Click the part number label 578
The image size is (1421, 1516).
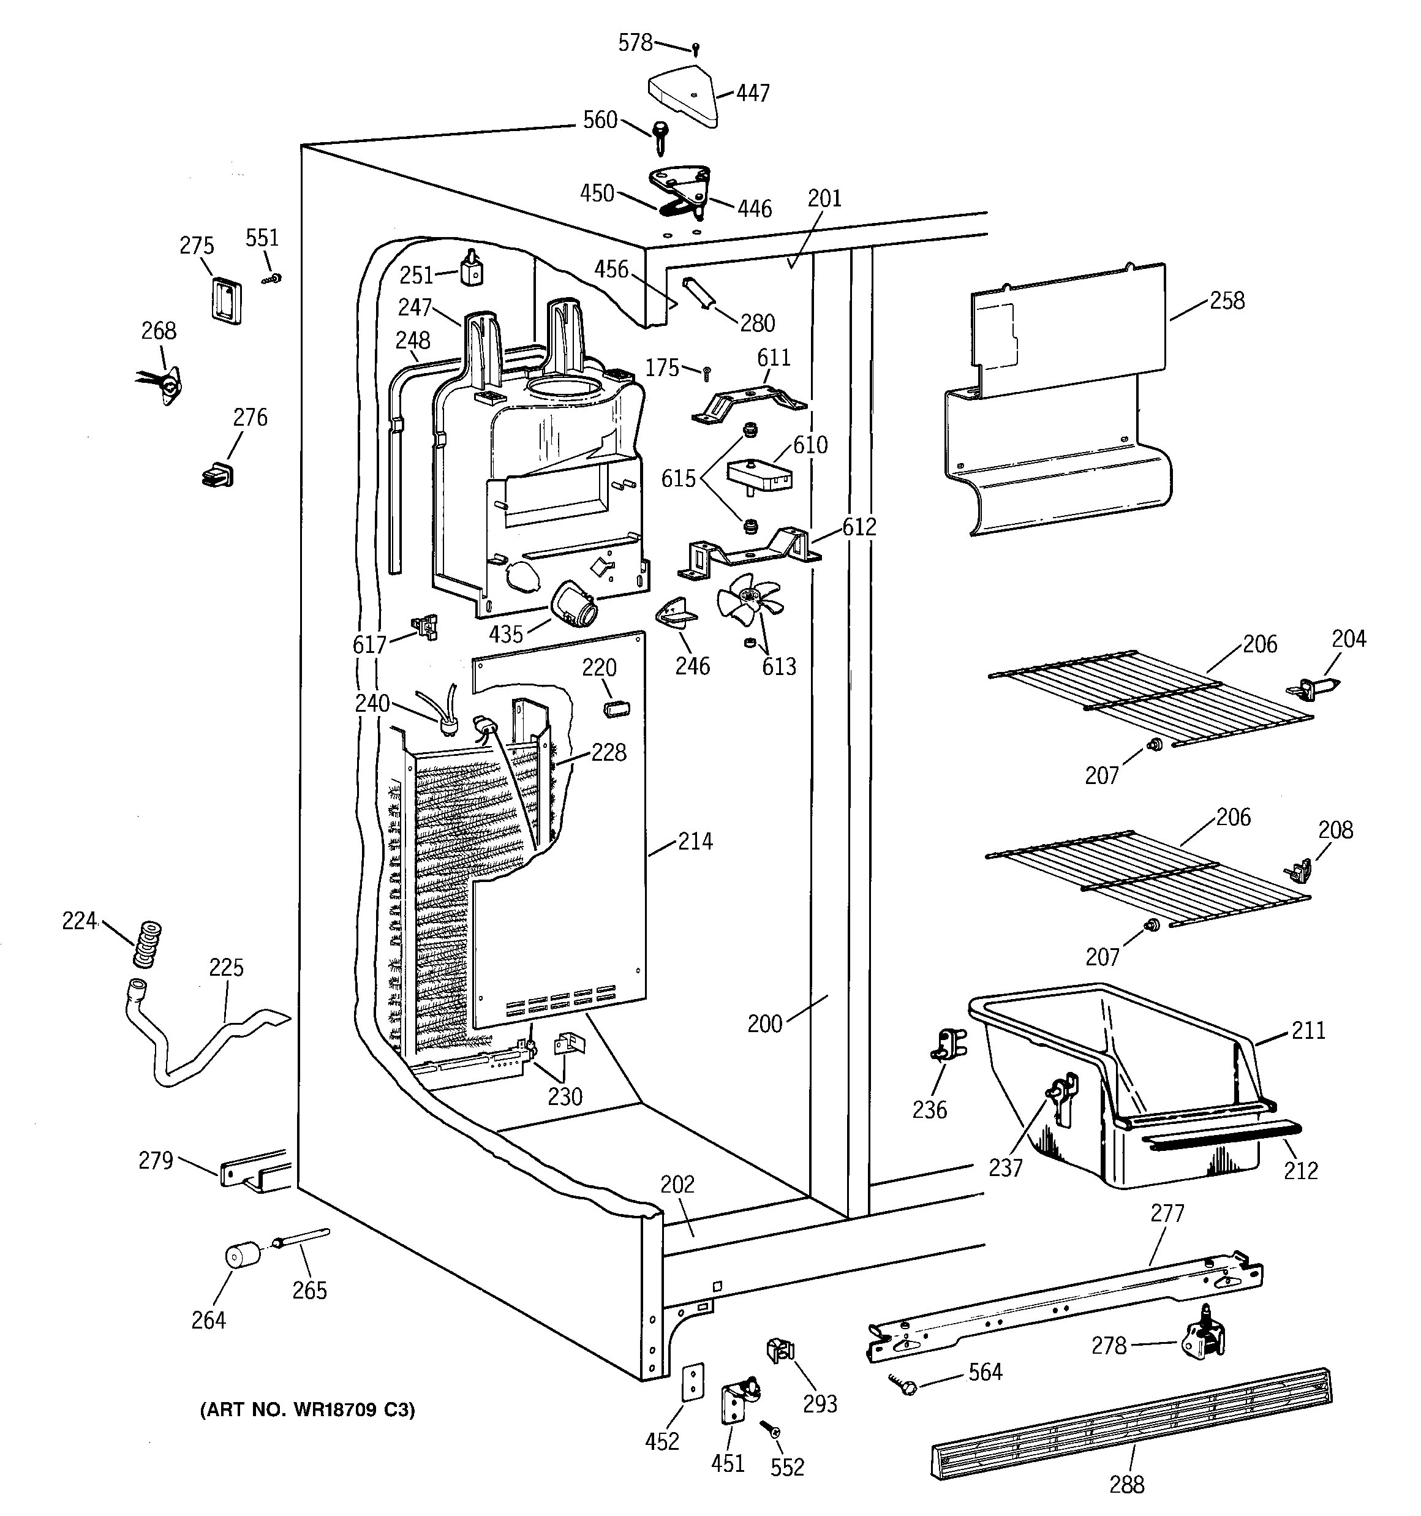[x=635, y=43]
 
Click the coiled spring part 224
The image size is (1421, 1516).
[x=146, y=945]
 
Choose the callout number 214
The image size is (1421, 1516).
[x=695, y=841]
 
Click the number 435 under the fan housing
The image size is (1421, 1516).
[x=507, y=634]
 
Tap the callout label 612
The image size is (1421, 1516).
[x=859, y=527]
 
